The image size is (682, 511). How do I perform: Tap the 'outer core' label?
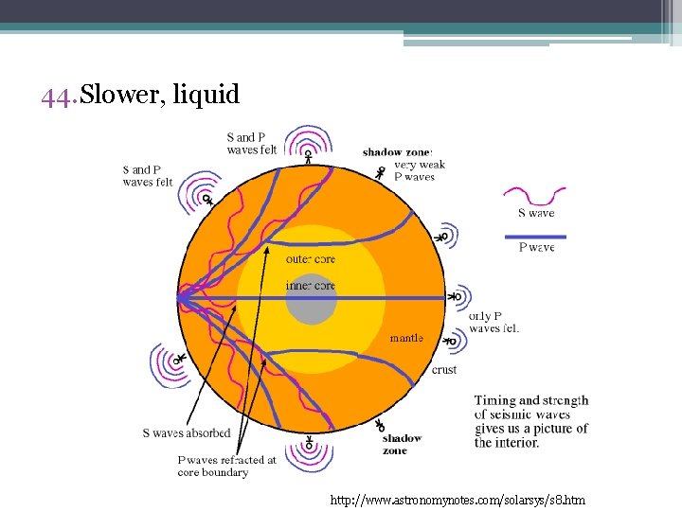[x=311, y=259]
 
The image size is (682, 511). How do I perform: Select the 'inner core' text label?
[x=311, y=285]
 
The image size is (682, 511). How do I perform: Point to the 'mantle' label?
[x=407, y=338]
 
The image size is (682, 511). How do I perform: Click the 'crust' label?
[x=444, y=370]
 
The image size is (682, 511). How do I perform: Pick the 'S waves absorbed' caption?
[x=187, y=433]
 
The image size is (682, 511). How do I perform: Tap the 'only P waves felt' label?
[x=494, y=322]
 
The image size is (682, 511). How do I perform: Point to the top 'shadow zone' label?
[x=397, y=152]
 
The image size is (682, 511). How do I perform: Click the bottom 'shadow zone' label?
[x=402, y=444]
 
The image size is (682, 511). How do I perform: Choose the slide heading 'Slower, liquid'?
[x=160, y=95]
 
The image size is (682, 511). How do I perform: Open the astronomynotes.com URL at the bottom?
[x=458, y=498]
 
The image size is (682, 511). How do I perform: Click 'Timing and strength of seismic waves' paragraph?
[x=531, y=421]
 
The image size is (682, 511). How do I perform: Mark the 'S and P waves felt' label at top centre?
[x=252, y=143]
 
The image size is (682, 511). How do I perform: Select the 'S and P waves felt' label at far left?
[x=148, y=176]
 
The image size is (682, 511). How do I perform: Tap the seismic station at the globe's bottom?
[x=309, y=445]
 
